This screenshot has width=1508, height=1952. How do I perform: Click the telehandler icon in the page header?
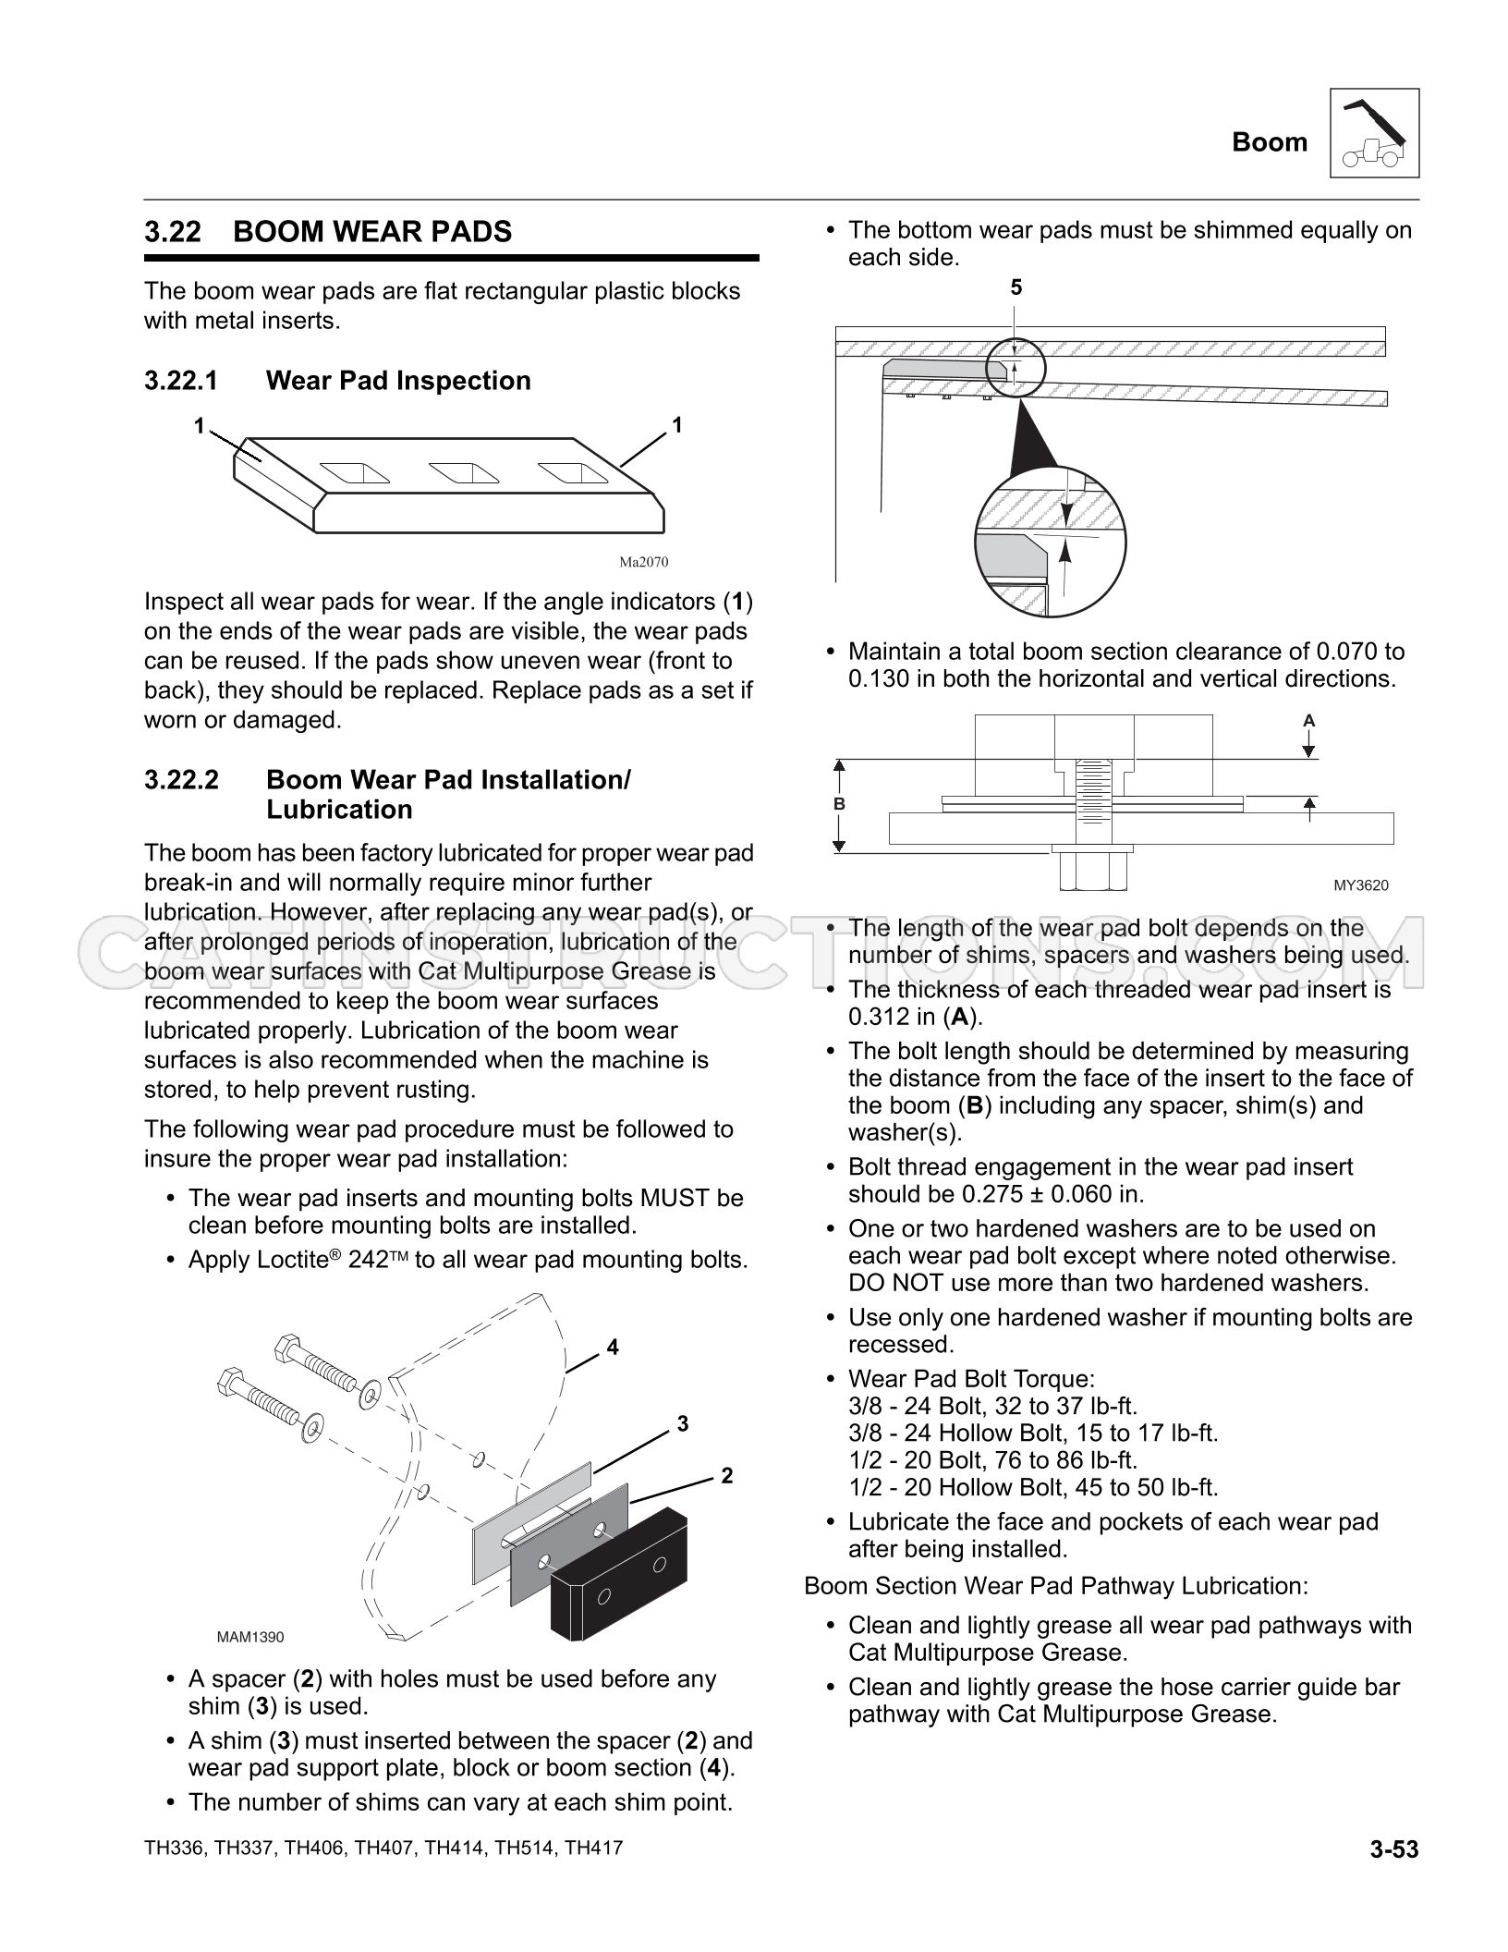(x=1375, y=133)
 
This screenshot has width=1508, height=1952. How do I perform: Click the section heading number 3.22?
(x=173, y=231)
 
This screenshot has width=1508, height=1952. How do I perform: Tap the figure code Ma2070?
(x=643, y=562)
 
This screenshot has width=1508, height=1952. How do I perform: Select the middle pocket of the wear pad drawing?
(x=465, y=473)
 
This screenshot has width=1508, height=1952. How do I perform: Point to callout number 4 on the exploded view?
(x=613, y=1348)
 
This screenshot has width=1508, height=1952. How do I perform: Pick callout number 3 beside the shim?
(x=683, y=1424)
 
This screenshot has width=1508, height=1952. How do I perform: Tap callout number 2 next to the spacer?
(x=727, y=1476)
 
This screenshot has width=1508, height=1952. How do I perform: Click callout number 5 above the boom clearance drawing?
(x=1016, y=288)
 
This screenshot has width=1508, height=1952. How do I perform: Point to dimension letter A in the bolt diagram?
(x=1308, y=720)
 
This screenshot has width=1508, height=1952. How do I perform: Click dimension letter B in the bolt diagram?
(x=839, y=804)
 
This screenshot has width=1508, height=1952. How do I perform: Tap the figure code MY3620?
(x=1361, y=885)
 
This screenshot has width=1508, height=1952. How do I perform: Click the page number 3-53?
(x=1394, y=1849)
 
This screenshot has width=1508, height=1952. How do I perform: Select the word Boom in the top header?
(x=1270, y=142)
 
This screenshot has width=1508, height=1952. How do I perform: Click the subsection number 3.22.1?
(x=181, y=381)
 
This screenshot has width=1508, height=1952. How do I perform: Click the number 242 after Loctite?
(x=369, y=1260)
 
